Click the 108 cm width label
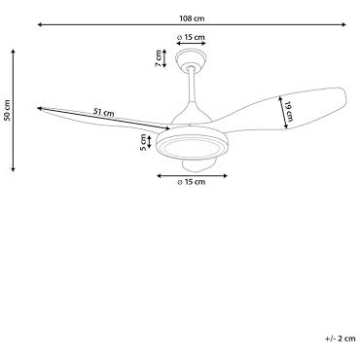[192, 18]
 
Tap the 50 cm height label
[8, 110]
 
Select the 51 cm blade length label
[104, 112]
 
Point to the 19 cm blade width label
[289, 112]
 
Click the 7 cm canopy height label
[159, 58]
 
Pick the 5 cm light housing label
[143, 143]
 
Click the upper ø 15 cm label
[192, 37]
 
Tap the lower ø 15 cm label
[192, 182]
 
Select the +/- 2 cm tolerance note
[341, 339]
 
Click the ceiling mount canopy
[191, 59]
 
